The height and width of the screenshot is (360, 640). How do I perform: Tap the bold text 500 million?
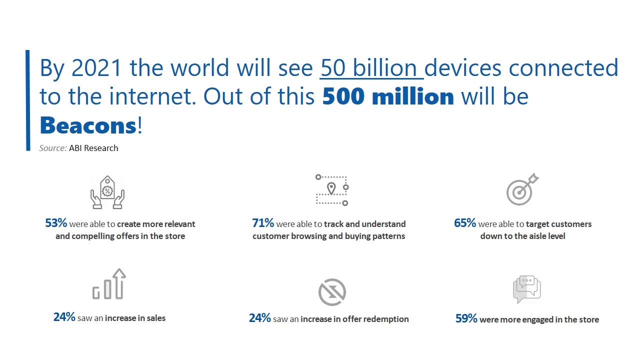click(388, 96)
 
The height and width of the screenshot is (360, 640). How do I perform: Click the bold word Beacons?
click(88, 125)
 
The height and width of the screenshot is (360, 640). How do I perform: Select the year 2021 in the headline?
click(97, 67)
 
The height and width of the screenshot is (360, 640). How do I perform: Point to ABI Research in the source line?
click(93, 148)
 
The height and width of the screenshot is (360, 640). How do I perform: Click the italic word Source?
click(53, 148)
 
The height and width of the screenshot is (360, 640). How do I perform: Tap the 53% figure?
click(56, 223)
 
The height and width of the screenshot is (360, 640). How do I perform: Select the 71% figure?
click(263, 223)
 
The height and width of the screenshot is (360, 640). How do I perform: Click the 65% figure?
click(465, 223)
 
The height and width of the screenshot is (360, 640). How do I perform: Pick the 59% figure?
click(466, 318)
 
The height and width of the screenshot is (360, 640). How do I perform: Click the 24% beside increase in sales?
click(64, 317)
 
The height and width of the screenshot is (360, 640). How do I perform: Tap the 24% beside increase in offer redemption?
click(259, 317)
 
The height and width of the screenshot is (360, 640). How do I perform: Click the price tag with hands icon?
click(107, 192)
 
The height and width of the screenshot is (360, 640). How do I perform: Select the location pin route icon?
click(331, 190)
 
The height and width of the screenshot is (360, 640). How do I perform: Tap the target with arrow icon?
click(522, 189)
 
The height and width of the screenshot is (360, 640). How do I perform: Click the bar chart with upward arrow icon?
click(109, 284)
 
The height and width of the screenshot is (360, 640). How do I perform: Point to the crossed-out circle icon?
click(332, 292)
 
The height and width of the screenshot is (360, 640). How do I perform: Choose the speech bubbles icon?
click(527, 289)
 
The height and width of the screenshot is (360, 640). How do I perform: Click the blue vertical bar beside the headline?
click(27, 100)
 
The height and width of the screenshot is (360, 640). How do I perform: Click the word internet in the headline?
click(152, 96)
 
